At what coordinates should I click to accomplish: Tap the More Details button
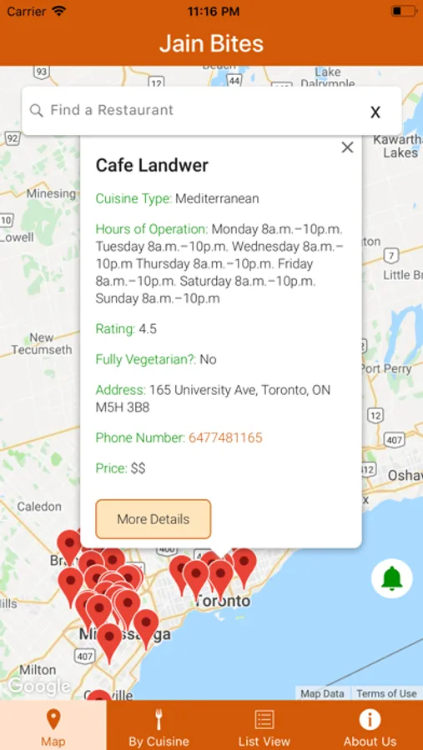(154, 519)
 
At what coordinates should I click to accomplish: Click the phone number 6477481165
(225, 437)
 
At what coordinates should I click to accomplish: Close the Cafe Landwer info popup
(347, 147)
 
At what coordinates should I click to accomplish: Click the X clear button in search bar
(375, 112)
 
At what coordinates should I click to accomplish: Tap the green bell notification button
(392, 577)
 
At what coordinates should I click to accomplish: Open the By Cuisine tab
(159, 726)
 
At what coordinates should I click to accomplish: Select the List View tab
(264, 726)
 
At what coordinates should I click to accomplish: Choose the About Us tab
(370, 726)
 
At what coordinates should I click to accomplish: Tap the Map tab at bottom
(53, 726)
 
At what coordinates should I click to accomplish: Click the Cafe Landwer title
(152, 165)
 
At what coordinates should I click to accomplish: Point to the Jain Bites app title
(211, 43)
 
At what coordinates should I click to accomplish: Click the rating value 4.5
(148, 328)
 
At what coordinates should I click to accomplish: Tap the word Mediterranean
(217, 198)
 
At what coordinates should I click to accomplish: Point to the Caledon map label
(39, 506)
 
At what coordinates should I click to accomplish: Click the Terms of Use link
(386, 693)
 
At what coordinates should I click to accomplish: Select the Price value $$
(138, 468)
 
